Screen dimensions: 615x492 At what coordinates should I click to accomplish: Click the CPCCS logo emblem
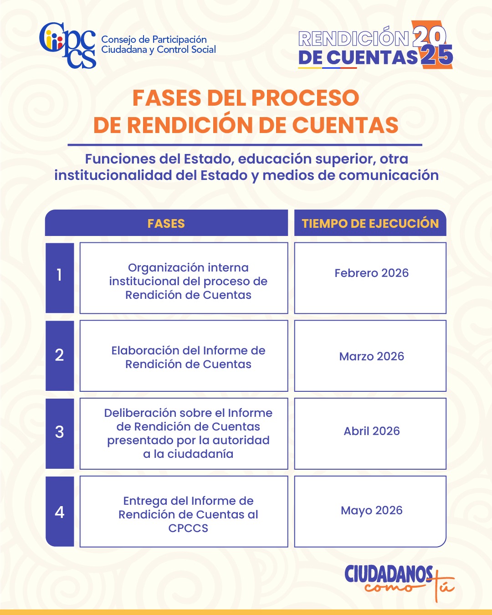tap(67, 45)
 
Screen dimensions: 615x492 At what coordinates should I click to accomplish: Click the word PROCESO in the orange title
tap(305, 98)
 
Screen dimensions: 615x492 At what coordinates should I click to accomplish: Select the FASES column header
tap(166, 223)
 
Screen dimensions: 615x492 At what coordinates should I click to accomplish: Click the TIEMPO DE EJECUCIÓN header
tap(370, 223)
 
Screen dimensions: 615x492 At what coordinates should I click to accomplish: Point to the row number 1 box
tap(60, 278)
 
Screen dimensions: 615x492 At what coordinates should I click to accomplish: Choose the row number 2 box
tap(60, 356)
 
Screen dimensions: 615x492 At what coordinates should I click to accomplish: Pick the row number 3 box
tap(60, 433)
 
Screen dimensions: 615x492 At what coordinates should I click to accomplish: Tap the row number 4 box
tap(60, 512)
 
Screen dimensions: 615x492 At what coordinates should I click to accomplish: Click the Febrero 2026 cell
tap(371, 273)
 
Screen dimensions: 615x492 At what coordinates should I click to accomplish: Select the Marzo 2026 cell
tap(371, 356)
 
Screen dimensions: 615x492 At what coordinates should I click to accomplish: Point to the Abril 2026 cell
tap(371, 431)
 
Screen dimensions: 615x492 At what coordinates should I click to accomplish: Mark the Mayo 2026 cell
tap(371, 510)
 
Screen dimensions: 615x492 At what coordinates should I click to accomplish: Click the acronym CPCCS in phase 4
tap(188, 528)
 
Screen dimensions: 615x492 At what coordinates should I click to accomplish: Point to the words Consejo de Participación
tap(154, 40)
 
